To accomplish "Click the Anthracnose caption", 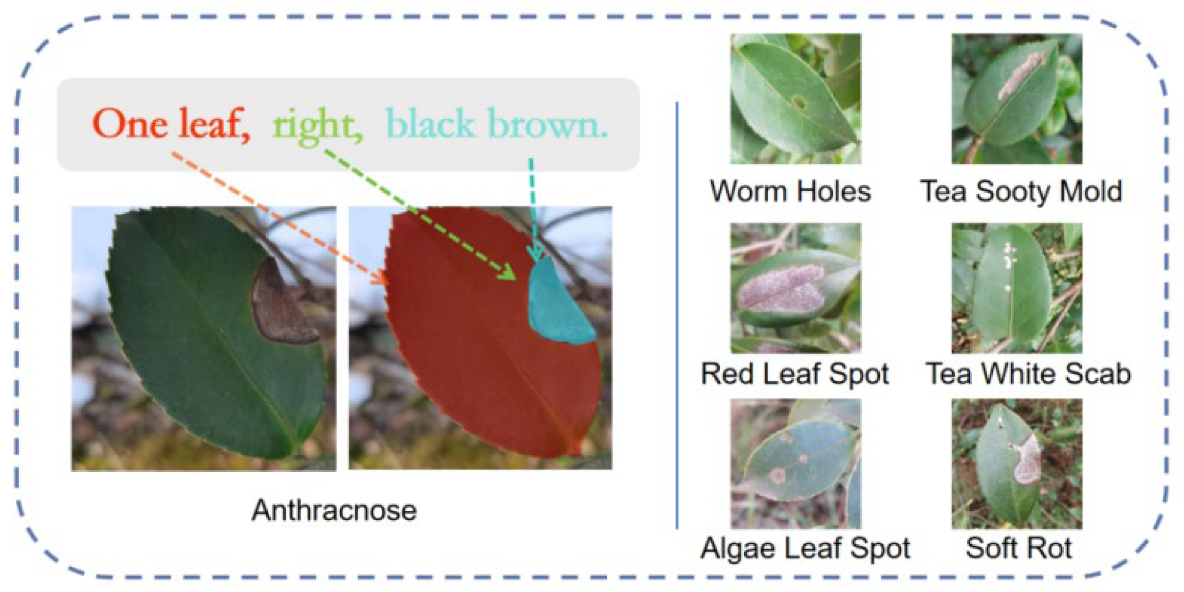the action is (334, 510).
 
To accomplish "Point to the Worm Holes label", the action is (790, 191).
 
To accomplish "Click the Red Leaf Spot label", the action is (795, 374).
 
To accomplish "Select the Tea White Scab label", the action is (1028, 374).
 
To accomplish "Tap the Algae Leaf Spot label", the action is (805, 548).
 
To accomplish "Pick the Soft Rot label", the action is (1019, 548).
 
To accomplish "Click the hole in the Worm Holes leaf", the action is (799, 102).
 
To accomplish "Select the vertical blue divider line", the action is (677, 315).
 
